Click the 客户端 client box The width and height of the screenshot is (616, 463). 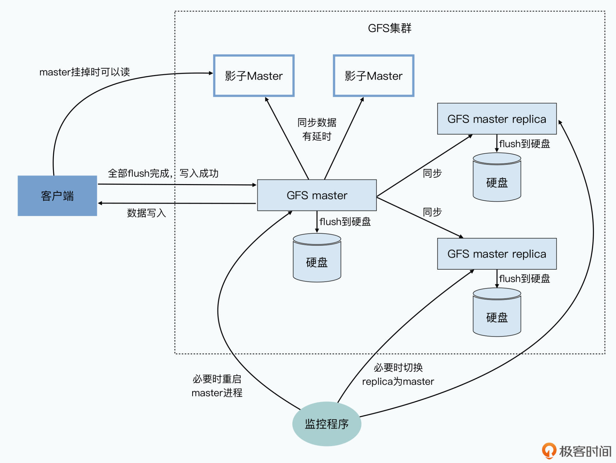tap(57, 196)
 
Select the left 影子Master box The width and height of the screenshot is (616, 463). tap(254, 76)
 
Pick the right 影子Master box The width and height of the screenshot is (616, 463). tap(373, 76)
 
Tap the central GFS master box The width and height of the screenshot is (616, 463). tap(317, 195)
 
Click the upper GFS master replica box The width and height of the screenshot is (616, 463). tap(497, 119)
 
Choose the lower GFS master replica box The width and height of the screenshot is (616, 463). tap(497, 254)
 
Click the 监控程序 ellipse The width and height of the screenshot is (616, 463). tap(327, 424)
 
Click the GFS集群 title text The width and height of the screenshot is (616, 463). tap(389, 28)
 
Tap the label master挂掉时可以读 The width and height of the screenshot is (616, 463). tap(84, 72)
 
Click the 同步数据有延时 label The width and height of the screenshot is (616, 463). tap(317, 129)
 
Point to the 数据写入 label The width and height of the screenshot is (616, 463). tap(146, 213)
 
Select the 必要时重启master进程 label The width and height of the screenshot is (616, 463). tap(217, 386)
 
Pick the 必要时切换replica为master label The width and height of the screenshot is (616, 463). tap(398, 375)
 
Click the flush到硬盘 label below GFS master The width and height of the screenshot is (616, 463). tap(345, 222)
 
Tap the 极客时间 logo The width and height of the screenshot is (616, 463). tap(577, 451)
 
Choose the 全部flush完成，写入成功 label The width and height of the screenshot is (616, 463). tap(163, 173)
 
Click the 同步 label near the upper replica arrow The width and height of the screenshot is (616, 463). tap(432, 173)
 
